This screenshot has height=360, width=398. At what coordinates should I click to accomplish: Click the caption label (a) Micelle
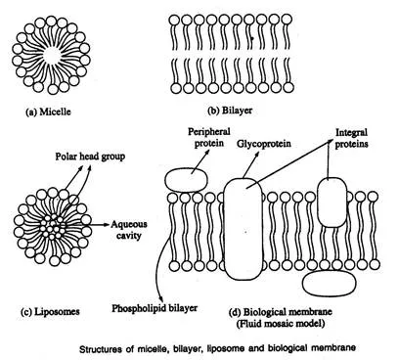[x=48, y=112]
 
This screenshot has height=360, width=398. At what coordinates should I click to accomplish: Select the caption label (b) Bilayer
[x=230, y=111]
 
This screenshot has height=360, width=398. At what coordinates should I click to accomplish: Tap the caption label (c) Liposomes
[x=50, y=312]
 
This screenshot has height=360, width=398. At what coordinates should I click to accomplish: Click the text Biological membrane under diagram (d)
[x=287, y=312]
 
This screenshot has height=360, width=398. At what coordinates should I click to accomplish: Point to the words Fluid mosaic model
[x=281, y=324]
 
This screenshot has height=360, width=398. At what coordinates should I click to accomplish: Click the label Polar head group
[x=90, y=157]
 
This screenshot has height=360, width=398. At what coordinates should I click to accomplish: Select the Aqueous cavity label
[x=129, y=230]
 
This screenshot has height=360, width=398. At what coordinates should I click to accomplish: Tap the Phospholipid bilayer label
[x=155, y=308]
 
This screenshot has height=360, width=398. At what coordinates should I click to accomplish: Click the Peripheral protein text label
[x=209, y=137]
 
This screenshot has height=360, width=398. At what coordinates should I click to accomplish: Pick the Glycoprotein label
[x=264, y=144]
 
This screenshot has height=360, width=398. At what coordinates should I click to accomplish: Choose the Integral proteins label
[x=351, y=138]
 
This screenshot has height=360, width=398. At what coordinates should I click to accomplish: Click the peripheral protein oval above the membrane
[x=186, y=180]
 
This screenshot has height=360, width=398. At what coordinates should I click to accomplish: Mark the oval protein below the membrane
[x=330, y=284]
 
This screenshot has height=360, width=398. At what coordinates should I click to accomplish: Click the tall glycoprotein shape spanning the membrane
[x=243, y=229]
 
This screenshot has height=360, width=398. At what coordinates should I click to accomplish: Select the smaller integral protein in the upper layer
[x=332, y=202]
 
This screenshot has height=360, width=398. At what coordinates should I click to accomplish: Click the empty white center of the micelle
[x=51, y=55]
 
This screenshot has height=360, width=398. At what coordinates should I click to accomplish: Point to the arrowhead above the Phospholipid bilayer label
[x=160, y=298]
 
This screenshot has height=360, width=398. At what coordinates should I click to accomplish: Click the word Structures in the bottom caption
[x=102, y=349]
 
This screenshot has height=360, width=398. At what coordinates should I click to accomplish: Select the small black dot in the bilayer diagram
[x=252, y=38]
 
